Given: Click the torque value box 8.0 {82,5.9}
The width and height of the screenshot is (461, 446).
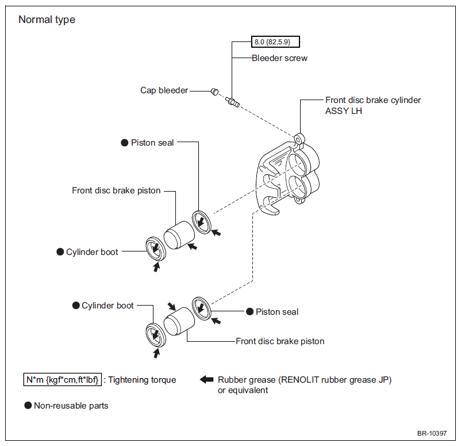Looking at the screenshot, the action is click(x=275, y=42).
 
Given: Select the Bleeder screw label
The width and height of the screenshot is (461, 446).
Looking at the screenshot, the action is click(x=279, y=58).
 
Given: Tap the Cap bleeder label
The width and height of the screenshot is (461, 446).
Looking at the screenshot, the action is click(x=164, y=90).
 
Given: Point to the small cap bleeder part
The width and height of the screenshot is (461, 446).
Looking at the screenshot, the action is click(x=215, y=92).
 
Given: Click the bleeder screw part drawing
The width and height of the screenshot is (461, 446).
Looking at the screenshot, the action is click(x=232, y=102).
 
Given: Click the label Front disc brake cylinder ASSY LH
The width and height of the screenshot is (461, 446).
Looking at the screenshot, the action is click(x=373, y=105).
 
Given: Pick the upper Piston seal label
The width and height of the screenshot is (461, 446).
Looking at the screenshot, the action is click(x=152, y=143).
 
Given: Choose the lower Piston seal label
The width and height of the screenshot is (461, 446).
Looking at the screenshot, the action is click(x=277, y=312).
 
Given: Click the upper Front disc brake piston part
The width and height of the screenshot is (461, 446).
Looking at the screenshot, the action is click(x=179, y=235).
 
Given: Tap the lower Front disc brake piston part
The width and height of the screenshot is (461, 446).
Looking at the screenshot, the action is click(x=179, y=321).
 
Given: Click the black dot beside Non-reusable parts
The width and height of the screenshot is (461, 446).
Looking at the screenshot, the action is click(x=28, y=405).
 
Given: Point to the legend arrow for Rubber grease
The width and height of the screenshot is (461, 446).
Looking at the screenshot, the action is click(x=207, y=379).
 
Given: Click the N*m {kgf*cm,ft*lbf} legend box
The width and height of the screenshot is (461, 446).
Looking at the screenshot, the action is click(x=62, y=379).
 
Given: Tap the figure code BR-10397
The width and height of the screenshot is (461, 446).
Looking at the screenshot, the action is click(x=432, y=433).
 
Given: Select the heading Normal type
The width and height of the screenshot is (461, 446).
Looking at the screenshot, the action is click(x=47, y=20).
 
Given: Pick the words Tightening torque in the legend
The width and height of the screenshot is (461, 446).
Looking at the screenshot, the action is click(x=142, y=380).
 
